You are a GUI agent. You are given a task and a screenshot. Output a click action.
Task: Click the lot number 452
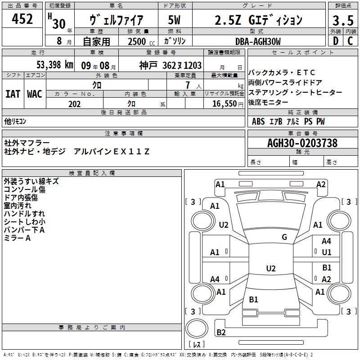click(x=22, y=19)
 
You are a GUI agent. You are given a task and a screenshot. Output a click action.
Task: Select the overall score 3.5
click(x=342, y=20)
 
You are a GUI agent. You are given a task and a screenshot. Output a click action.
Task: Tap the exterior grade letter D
click(x=335, y=41)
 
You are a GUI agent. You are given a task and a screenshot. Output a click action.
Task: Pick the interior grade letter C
click(x=350, y=41)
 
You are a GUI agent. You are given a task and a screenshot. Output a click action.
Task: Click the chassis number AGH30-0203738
click(x=302, y=143)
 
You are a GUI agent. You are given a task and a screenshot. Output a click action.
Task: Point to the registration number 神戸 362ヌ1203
click(x=170, y=65)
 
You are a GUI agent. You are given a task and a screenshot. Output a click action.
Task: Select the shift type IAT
click(x=13, y=94)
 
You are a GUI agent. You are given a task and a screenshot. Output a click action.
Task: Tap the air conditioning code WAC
click(x=34, y=94)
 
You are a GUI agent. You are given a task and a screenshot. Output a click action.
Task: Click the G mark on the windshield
click(x=284, y=237)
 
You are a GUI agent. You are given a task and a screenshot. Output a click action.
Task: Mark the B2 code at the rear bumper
click(x=221, y=333)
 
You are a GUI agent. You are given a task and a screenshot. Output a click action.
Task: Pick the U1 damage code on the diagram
click(x=327, y=252)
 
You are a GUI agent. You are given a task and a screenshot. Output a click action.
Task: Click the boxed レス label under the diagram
click(x=197, y=345)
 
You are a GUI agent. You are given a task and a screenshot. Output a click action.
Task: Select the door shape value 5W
click(x=174, y=20)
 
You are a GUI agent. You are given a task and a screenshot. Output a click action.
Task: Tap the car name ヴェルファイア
click(x=117, y=20)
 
